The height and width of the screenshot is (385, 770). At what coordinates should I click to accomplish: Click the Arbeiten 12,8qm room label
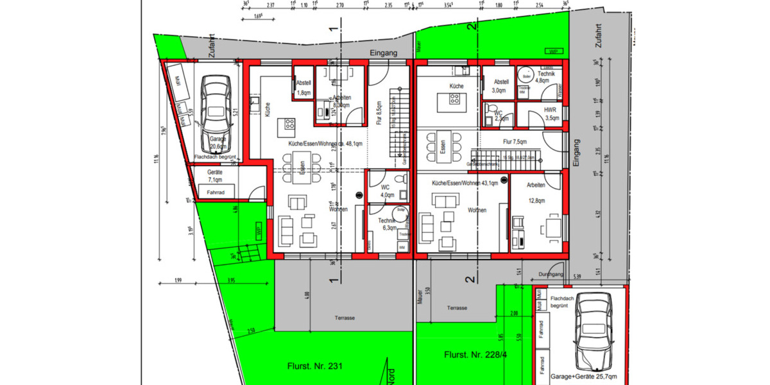pyautogui.click(x=536, y=193)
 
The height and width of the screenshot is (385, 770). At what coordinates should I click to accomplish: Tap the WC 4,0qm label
pyautogui.click(x=386, y=191)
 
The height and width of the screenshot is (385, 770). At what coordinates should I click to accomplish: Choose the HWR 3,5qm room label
pyautogui.click(x=551, y=114)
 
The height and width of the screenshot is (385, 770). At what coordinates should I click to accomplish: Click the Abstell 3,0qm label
pyautogui.click(x=501, y=86)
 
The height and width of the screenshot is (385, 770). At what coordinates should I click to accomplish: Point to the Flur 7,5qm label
pyautogui.click(x=515, y=142)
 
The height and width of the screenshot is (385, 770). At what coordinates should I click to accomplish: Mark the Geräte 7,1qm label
pyautogui.click(x=214, y=176)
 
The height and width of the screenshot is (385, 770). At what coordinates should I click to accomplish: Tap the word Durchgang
pyautogui.click(x=551, y=274)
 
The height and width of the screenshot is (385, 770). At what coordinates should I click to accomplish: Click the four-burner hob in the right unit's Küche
pyautogui.click(x=454, y=99)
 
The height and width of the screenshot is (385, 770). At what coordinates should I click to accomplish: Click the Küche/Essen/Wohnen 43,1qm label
pyautogui.click(x=465, y=184)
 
